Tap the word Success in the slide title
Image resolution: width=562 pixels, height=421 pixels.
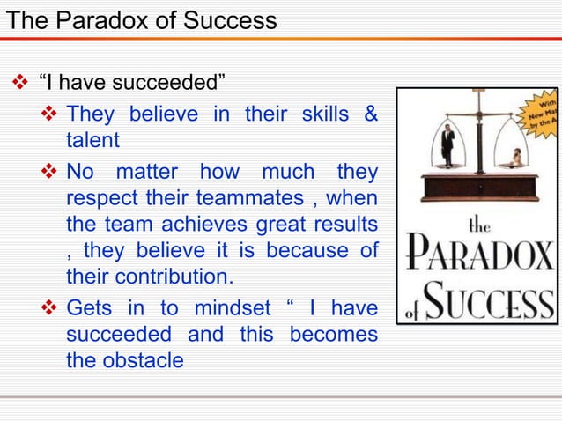pyautogui.click(x=226, y=19)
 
